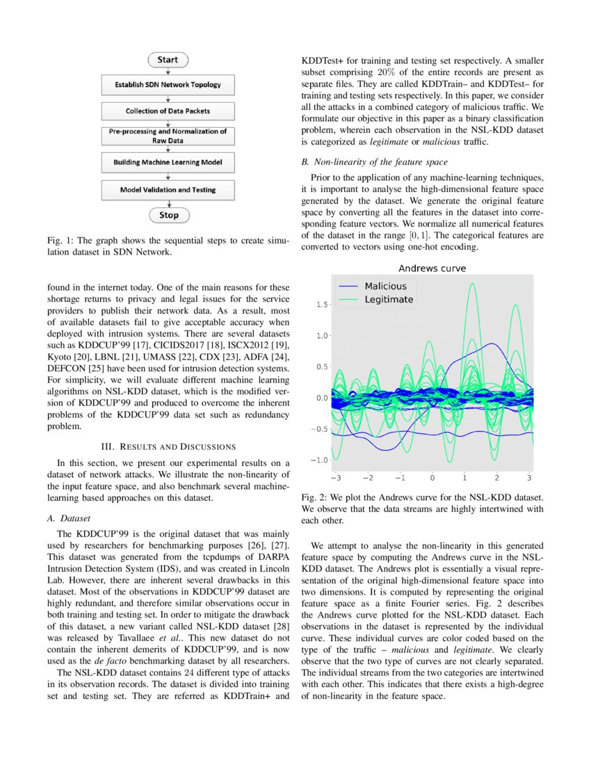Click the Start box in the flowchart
click(168, 61)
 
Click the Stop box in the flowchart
click(168, 215)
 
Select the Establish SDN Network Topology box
click(168, 85)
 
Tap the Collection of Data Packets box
click(168, 111)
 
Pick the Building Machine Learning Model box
click(168, 162)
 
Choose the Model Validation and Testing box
click(168, 189)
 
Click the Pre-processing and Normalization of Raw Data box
click(168, 136)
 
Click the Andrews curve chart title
click(431, 268)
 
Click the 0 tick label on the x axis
click(432, 478)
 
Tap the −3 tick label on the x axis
click(334, 478)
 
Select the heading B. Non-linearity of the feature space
click(375, 163)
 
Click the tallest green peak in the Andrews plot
click(473, 284)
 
